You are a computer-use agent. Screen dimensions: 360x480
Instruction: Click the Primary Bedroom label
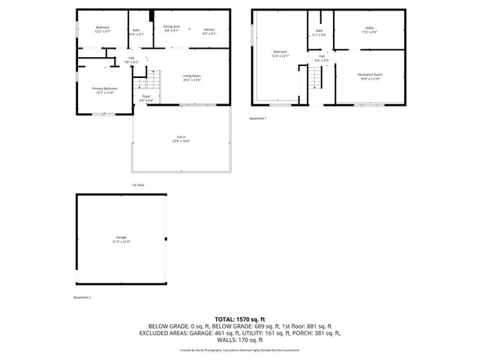[105, 88]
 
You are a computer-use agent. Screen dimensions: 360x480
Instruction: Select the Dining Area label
[172, 28]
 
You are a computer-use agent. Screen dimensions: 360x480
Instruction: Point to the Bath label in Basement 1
[319, 31]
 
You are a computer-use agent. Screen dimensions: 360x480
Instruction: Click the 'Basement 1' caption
[258, 118]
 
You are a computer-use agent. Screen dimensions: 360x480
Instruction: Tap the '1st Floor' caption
[138, 184]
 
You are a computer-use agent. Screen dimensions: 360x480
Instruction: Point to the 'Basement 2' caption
[82, 298]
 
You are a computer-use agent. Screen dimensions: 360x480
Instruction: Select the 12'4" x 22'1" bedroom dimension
[280, 55]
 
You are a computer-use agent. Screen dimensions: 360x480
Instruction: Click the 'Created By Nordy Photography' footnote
[240, 349]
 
